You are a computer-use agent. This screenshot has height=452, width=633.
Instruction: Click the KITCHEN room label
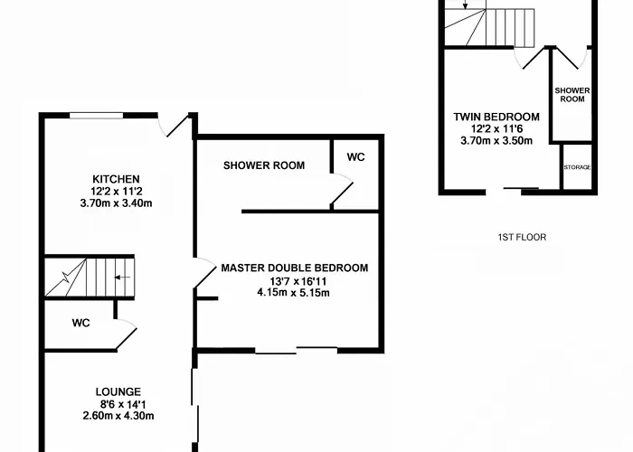coord(116,179)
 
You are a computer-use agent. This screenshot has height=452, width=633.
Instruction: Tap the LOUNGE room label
coord(118,391)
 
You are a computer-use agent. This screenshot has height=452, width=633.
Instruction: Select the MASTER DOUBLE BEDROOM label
coord(295,268)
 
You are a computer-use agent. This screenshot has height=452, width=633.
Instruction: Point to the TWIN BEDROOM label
coord(496,117)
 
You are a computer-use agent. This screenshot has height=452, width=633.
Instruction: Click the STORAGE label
coord(577,167)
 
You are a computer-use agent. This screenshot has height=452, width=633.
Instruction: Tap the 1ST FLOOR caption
coord(522,237)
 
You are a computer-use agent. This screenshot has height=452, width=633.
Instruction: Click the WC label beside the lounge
coord(80,323)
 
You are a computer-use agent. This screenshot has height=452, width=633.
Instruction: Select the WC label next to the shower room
coord(355,157)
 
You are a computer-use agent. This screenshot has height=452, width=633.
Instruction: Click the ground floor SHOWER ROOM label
coord(264,165)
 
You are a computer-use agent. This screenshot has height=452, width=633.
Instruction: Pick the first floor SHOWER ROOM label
coord(572,95)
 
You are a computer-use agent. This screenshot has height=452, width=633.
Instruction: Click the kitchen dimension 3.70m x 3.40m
coord(117,203)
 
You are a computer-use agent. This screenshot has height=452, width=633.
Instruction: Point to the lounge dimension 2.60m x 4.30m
coord(118,416)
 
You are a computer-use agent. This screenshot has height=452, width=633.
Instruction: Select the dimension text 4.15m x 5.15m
coord(294,293)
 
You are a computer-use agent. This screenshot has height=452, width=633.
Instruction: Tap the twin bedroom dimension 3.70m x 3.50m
coord(496,141)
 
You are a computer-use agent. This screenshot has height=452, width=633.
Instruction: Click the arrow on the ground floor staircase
coord(122,278)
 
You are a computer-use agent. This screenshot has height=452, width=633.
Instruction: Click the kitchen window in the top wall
coord(96,116)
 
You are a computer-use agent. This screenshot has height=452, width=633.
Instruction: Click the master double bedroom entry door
coord(205,274)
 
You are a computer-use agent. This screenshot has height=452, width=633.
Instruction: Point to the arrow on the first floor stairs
coord(466,5)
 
